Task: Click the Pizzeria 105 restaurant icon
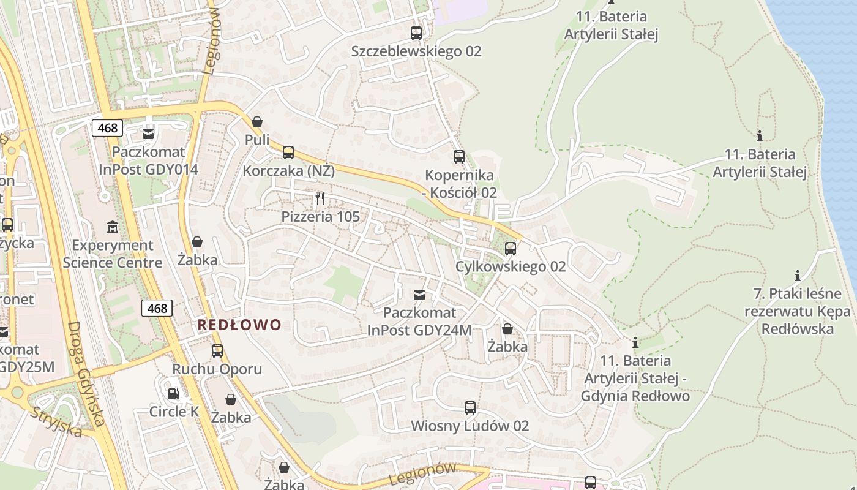[320, 199]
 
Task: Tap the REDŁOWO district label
[239, 325]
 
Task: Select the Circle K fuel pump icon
[174, 394]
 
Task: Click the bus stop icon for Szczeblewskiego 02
[416, 33]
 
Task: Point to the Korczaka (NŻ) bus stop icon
[288, 153]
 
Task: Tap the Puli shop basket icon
[257, 122]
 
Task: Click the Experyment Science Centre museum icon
[113, 227]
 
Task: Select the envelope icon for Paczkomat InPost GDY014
[148, 134]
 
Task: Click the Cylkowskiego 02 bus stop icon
[510, 249]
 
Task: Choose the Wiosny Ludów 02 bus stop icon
[470, 408]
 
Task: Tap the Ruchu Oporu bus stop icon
[217, 351]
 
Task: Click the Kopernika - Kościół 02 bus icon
[459, 157]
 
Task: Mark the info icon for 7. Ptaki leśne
[797, 276]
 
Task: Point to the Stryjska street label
[56, 421]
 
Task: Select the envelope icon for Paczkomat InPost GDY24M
[419, 295]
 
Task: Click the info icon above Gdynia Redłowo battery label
[635, 342]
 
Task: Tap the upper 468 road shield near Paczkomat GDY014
[108, 128]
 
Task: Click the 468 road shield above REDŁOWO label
[157, 308]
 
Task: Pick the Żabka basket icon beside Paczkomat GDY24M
[507, 329]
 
